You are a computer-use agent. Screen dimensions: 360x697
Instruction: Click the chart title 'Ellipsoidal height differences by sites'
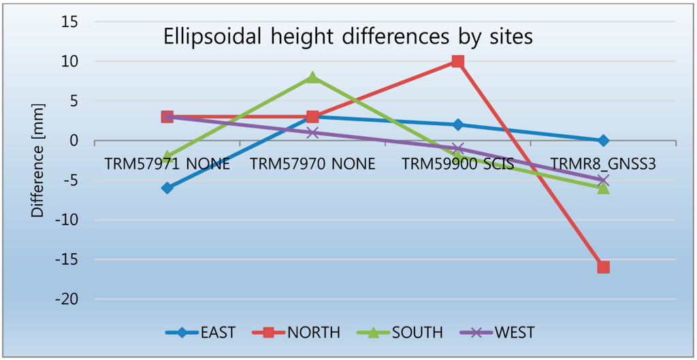348,38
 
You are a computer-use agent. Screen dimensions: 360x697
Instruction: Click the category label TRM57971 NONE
167,164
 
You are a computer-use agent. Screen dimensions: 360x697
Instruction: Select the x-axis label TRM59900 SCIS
457,164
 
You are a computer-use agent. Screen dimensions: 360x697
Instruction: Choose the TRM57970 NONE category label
312,164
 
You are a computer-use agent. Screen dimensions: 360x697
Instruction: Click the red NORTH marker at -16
603,267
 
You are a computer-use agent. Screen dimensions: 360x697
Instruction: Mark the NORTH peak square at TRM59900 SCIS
457,62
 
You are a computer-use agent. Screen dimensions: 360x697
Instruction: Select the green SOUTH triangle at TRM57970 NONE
312,77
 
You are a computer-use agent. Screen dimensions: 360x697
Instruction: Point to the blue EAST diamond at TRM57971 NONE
167,188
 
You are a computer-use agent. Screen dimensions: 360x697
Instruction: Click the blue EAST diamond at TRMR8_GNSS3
603,141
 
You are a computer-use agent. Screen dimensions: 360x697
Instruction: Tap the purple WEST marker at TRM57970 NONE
312,133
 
